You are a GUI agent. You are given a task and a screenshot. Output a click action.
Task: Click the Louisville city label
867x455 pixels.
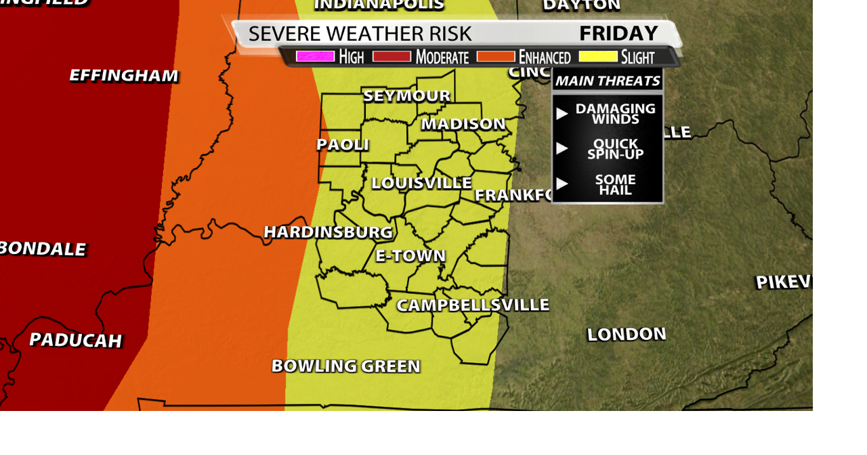(421, 183)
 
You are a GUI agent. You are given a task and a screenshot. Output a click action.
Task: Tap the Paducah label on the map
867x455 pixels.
(75, 340)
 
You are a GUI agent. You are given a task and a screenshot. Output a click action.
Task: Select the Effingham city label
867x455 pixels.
(124, 75)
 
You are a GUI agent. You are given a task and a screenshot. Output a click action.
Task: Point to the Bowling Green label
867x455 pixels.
(345, 366)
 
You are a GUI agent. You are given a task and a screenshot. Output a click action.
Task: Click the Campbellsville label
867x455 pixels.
(473, 305)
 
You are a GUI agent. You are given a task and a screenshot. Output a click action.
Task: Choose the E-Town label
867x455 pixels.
(410, 256)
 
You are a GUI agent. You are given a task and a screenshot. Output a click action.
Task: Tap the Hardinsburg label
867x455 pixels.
(328, 232)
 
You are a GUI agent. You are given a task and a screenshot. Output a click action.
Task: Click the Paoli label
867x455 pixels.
(343, 144)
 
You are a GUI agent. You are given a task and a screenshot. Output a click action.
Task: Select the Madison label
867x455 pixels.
(463, 124)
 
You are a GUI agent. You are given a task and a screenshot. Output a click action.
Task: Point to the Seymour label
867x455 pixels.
(406, 95)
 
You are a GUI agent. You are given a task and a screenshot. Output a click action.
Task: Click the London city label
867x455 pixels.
(627, 334)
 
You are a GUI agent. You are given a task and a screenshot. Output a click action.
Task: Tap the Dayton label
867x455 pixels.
(581, 5)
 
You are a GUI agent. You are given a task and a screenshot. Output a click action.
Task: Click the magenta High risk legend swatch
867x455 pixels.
(315, 56)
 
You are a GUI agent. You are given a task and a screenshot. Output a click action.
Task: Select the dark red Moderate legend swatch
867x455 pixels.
(392, 56)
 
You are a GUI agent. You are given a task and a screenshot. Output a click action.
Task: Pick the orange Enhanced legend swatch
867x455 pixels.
(496, 56)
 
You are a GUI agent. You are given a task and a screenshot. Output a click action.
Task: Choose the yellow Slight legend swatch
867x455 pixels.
(598, 56)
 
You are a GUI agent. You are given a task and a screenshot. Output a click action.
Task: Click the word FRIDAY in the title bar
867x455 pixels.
(618, 33)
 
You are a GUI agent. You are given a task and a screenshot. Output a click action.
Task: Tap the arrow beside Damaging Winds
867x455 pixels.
(562, 114)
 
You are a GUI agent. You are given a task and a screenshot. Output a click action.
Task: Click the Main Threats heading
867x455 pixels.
(608, 81)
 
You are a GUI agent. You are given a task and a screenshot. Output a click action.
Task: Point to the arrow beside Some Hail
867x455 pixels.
(562, 183)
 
